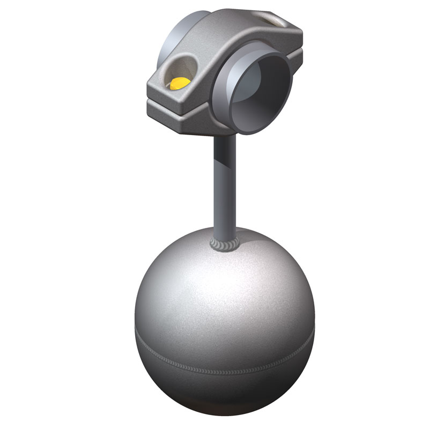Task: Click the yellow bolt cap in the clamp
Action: (x=178, y=83)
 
